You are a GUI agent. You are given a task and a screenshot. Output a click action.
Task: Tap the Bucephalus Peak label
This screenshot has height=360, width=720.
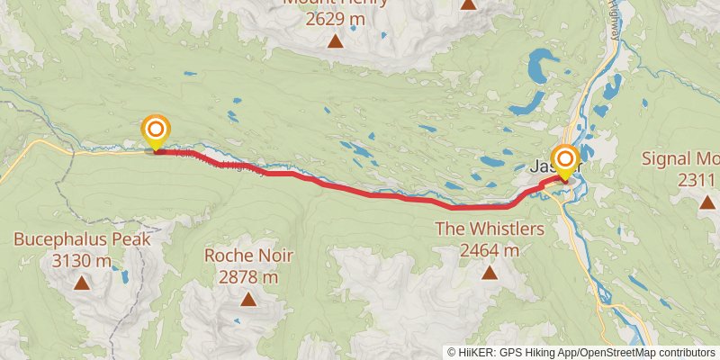tap(82, 240)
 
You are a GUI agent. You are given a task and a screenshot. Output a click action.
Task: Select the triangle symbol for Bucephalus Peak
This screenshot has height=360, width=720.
tap(82, 283)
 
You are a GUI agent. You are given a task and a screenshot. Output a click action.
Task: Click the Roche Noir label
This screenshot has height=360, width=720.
tap(248, 256)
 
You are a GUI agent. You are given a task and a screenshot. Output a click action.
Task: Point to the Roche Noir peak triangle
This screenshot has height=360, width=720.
tap(248, 299)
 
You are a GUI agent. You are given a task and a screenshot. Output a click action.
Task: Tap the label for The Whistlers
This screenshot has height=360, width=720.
tap(490, 229)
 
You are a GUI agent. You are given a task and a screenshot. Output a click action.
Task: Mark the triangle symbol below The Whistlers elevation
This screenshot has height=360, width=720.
tap(490, 272)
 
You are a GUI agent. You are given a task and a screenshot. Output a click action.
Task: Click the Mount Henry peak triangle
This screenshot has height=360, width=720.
tap(336, 40)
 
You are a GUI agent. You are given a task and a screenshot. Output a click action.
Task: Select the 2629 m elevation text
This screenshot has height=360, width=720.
tap(336, 18)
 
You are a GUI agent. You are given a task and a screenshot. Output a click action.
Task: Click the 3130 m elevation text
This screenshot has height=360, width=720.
tap(82, 261)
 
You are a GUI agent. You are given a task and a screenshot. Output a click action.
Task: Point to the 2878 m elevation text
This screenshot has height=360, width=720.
tap(248, 277)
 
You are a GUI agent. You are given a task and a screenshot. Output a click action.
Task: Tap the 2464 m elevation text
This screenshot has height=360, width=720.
tap(490, 250)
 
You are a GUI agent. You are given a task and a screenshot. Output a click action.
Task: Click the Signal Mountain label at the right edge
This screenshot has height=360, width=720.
tap(680, 159)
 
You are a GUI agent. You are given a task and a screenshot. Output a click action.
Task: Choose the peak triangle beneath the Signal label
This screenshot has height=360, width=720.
tap(706, 202)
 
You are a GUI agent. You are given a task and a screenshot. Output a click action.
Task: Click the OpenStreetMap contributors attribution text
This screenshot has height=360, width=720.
tap(646, 352)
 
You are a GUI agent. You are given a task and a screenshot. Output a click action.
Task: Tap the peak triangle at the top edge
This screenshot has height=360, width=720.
tap(468, 4)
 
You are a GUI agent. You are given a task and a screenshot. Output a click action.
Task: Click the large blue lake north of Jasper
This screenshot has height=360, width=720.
tap(540, 67)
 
